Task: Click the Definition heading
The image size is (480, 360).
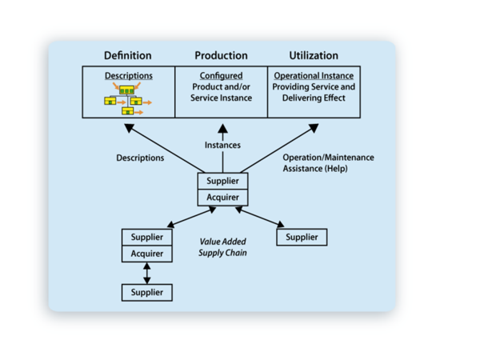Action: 128,55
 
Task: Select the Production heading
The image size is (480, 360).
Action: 221,55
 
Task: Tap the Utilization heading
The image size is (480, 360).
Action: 314,55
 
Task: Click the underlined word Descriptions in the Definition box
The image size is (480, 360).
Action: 129,76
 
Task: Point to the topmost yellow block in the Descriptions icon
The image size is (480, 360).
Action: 126,90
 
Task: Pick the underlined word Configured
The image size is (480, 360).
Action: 221,76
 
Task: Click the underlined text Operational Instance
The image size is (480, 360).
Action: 314,76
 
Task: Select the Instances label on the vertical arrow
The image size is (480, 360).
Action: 222,145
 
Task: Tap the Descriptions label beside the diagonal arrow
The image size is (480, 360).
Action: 140,158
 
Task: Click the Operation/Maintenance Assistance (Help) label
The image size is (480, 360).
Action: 328,163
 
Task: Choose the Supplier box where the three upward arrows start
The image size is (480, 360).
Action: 223,181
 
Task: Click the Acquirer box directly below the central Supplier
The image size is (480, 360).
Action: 223,198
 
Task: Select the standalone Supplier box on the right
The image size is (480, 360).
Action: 302,237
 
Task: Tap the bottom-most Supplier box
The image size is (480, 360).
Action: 147,292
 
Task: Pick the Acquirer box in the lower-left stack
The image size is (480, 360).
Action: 147,254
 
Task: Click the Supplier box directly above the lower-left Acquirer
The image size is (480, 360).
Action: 147,238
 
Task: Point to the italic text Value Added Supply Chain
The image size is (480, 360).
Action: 222,247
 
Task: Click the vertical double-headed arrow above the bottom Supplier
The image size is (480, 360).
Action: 147,273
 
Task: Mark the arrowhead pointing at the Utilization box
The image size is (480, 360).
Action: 314,128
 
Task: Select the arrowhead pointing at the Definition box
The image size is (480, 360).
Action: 129,128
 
